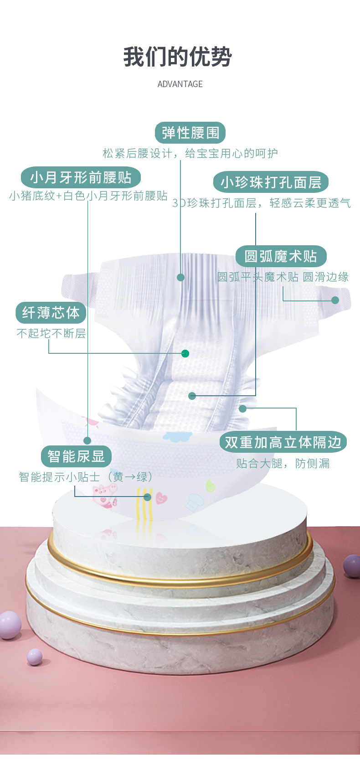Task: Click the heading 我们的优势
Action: (x=178, y=57)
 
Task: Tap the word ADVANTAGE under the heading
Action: (x=180, y=84)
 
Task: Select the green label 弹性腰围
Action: (x=190, y=133)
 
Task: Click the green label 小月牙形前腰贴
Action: (x=81, y=177)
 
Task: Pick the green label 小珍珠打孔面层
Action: (x=271, y=182)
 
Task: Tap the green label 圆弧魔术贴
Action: (x=281, y=256)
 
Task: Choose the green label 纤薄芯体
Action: (x=51, y=312)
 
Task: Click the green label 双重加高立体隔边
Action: (x=283, y=442)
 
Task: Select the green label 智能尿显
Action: (x=76, y=456)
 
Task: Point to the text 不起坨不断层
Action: (x=51, y=333)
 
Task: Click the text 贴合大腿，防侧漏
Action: (x=283, y=463)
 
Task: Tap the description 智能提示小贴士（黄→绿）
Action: (x=86, y=477)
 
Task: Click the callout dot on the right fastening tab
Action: (x=335, y=300)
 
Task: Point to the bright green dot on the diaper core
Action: (x=185, y=353)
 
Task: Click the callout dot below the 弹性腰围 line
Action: (x=180, y=277)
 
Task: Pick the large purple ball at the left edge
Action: (x=10, y=625)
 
